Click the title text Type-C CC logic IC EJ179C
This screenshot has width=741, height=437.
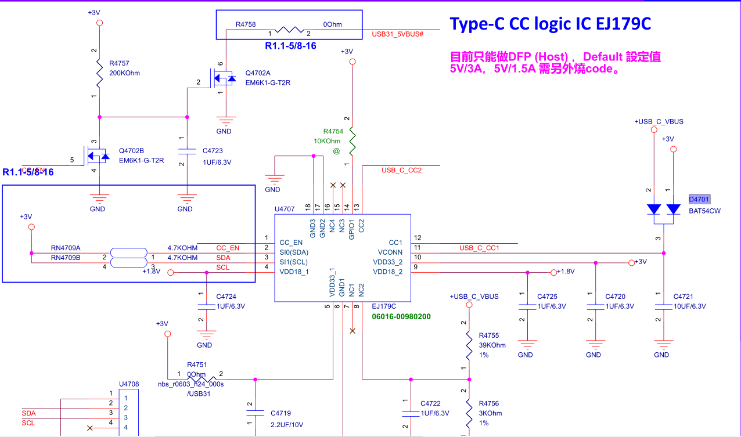[x=551, y=24]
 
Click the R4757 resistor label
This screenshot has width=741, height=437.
[x=120, y=63]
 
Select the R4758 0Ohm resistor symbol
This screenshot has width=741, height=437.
[x=289, y=30]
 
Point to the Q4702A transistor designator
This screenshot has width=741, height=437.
[x=258, y=73]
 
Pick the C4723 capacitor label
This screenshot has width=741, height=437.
[x=213, y=151]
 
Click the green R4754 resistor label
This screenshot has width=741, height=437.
[x=333, y=131]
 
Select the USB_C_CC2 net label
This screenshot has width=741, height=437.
[x=401, y=171]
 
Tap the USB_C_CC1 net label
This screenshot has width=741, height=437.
[x=479, y=248]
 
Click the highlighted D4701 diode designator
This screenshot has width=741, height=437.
[x=699, y=200]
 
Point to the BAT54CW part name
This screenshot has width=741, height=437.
[x=704, y=211]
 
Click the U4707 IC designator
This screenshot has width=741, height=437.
[x=285, y=209]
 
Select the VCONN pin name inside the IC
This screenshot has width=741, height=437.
[x=390, y=252]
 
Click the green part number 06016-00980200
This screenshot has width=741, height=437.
[x=401, y=317]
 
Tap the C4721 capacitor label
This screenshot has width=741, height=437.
[x=684, y=297]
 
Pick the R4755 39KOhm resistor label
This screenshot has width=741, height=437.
[x=489, y=335]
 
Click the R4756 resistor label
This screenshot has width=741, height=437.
[x=489, y=403]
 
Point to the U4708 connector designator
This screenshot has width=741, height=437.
[x=129, y=384]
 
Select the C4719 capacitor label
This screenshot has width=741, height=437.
[x=281, y=414]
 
